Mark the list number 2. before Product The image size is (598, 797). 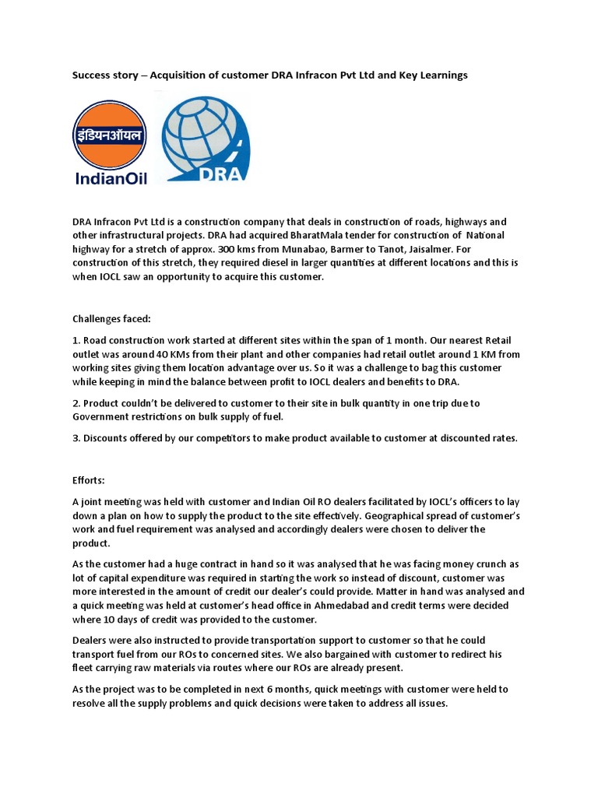coord(76,403)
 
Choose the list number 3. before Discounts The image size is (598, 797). coord(76,437)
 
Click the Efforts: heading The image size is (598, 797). coord(89,480)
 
